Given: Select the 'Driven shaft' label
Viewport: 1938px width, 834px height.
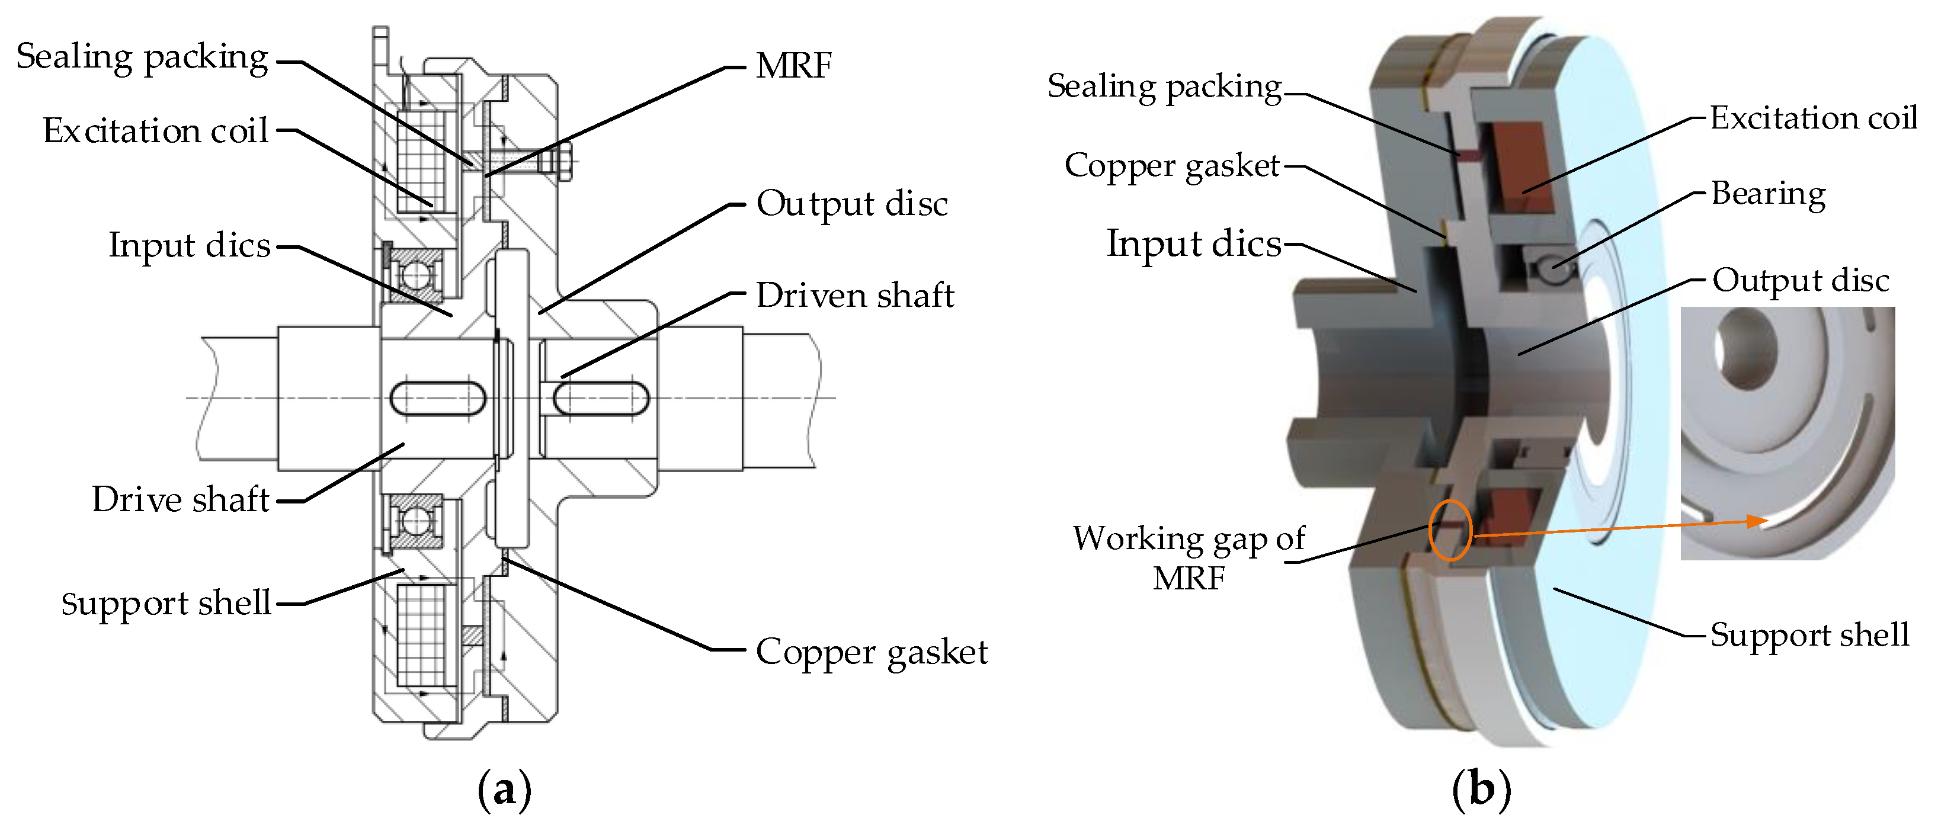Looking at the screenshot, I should click(x=854, y=295).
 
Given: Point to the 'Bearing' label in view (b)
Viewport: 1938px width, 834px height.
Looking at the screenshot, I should click(x=1768, y=194).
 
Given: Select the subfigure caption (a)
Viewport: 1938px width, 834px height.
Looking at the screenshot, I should click(x=504, y=790).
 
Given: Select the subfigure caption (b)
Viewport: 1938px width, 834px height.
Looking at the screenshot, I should click(x=1481, y=790).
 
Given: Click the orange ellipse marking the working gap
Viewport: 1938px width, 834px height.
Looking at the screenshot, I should click(x=1450, y=530).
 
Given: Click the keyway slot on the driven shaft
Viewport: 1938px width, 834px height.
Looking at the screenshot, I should click(x=602, y=399).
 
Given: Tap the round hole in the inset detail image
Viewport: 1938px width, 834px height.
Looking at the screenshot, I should click(x=1745, y=349).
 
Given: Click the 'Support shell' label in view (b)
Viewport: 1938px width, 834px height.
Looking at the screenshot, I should click(x=1809, y=636).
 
